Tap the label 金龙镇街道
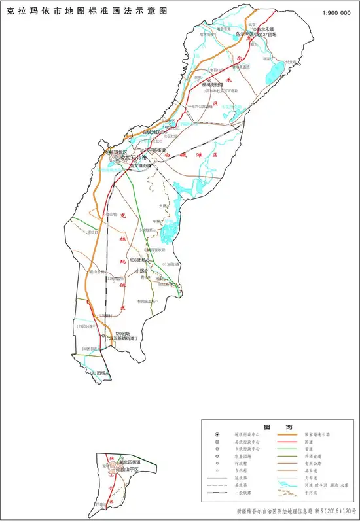point(140,166)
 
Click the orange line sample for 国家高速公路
point(286,434)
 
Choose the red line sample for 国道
point(286,443)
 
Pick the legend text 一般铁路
point(243,495)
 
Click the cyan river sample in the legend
point(286,485)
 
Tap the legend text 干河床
point(314,495)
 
